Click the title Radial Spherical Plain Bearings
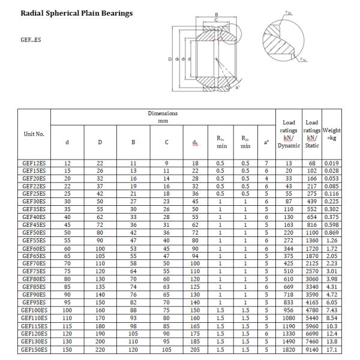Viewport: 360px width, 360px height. (77, 13)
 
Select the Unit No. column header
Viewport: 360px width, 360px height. (34, 134)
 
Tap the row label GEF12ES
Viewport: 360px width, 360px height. (34, 163)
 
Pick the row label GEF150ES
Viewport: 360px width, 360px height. (34, 349)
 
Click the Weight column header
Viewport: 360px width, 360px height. (331, 134)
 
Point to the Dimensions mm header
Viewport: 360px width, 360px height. (163, 117)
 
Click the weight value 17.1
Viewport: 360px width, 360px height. (332, 349)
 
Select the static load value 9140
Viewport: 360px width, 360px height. (312, 349)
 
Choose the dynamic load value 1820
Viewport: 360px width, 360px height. (289, 349)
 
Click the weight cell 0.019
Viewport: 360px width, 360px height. (332, 163)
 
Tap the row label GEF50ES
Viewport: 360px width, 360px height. (34, 232)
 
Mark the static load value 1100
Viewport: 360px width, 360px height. (312, 232)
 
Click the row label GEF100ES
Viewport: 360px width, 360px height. (34, 310)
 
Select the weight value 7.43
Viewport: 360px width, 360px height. (332, 310)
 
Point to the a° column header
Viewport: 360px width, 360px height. (266, 142)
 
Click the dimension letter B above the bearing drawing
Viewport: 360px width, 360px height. (216, 14)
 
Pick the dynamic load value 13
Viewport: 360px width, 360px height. (289, 163)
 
